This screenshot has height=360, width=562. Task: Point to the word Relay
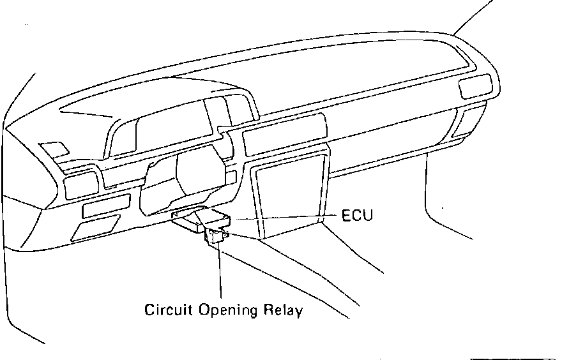[x=283, y=311]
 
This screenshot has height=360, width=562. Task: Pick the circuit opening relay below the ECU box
[x=215, y=237]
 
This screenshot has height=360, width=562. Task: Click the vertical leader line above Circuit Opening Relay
[x=220, y=274]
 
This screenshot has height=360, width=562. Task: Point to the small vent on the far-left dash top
[x=55, y=149]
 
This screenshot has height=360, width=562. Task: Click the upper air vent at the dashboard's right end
[x=476, y=86]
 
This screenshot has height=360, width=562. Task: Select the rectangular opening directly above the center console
[x=284, y=131]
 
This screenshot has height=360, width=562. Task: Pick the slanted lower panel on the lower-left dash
[x=96, y=227]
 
